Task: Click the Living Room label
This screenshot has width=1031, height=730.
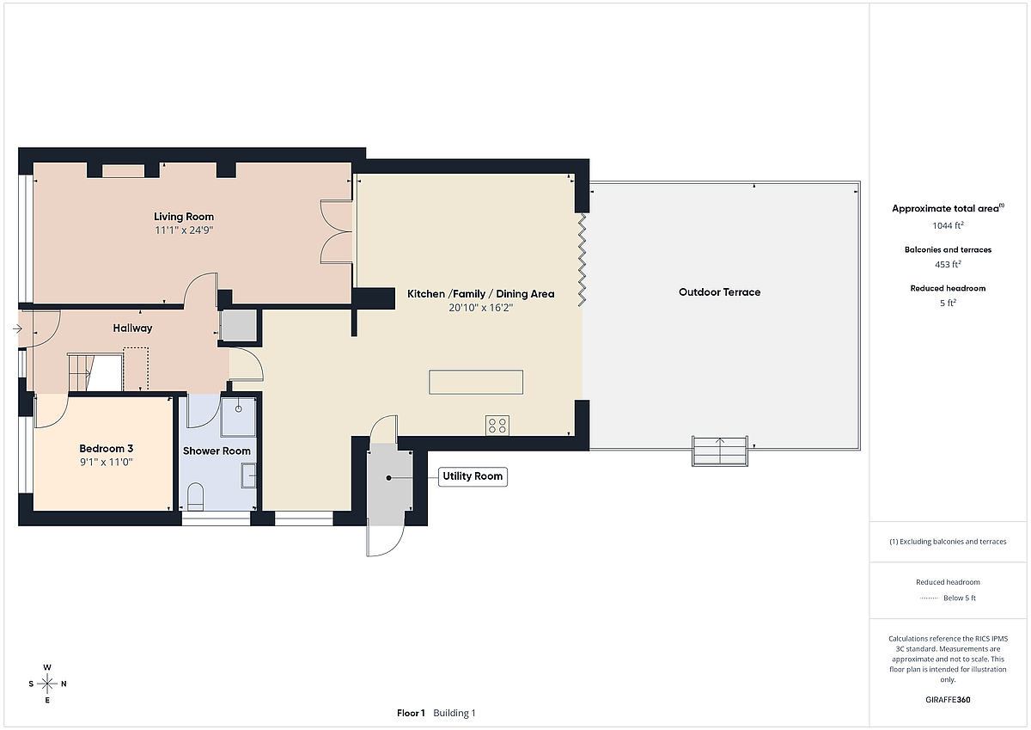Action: click(x=184, y=217)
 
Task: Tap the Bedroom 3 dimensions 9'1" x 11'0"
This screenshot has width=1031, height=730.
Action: click(x=107, y=462)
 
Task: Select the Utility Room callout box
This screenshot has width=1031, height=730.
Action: click(x=473, y=476)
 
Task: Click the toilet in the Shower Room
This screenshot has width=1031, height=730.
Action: click(x=195, y=496)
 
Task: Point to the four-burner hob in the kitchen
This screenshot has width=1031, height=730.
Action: click(x=497, y=425)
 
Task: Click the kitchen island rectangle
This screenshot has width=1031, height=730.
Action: click(x=476, y=382)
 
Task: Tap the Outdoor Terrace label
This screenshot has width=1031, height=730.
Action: click(x=719, y=292)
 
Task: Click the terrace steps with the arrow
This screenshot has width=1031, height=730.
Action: click(x=720, y=451)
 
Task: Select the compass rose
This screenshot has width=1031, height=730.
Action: click(x=47, y=684)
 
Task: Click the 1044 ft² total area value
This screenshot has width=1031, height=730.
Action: click(x=948, y=225)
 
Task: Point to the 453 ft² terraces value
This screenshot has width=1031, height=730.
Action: click(x=948, y=264)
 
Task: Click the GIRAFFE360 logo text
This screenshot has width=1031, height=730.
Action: click(x=948, y=700)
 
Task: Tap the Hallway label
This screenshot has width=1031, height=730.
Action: click(x=132, y=328)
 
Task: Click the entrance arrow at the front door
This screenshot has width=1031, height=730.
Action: click(x=17, y=328)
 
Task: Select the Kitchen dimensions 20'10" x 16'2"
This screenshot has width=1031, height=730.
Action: click(x=480, y=307)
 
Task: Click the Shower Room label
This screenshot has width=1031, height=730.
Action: click(x=217, y=451)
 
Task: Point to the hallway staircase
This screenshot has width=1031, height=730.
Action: click(x=95, y=372)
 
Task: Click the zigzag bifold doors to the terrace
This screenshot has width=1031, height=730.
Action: click(x=582, y=260)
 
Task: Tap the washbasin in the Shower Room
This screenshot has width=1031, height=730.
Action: click(x=248, y=475)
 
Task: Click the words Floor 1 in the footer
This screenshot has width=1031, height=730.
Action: click(x=411, y=713)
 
